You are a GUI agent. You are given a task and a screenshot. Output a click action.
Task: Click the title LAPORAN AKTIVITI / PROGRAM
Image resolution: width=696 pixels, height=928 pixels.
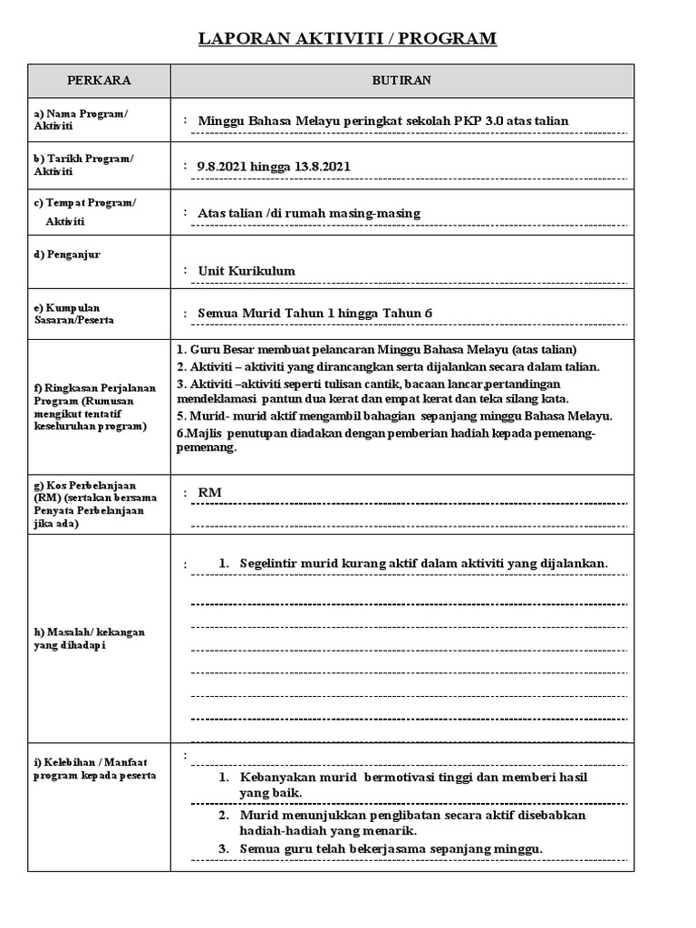click(348, 38)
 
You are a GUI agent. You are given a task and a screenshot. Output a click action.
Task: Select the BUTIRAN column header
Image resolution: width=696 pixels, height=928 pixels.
click(401, 81)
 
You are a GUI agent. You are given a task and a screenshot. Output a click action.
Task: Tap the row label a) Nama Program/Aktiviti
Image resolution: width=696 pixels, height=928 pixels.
click(81, 120)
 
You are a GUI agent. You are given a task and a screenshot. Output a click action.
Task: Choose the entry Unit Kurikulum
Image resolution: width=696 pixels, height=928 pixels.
click(246, 271)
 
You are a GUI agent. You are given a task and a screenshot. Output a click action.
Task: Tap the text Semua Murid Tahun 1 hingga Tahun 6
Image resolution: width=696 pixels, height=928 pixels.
click(315, 313)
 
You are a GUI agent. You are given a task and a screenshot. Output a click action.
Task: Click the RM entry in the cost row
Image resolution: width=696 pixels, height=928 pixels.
click(209, 492)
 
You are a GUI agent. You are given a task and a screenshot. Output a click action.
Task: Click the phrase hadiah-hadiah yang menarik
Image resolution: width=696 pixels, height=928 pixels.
click(327, 830)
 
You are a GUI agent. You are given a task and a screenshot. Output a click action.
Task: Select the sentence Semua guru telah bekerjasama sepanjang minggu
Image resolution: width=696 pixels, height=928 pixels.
click(391, 848)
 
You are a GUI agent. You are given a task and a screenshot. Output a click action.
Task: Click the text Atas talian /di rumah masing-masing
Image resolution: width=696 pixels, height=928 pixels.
click(309, 213)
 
